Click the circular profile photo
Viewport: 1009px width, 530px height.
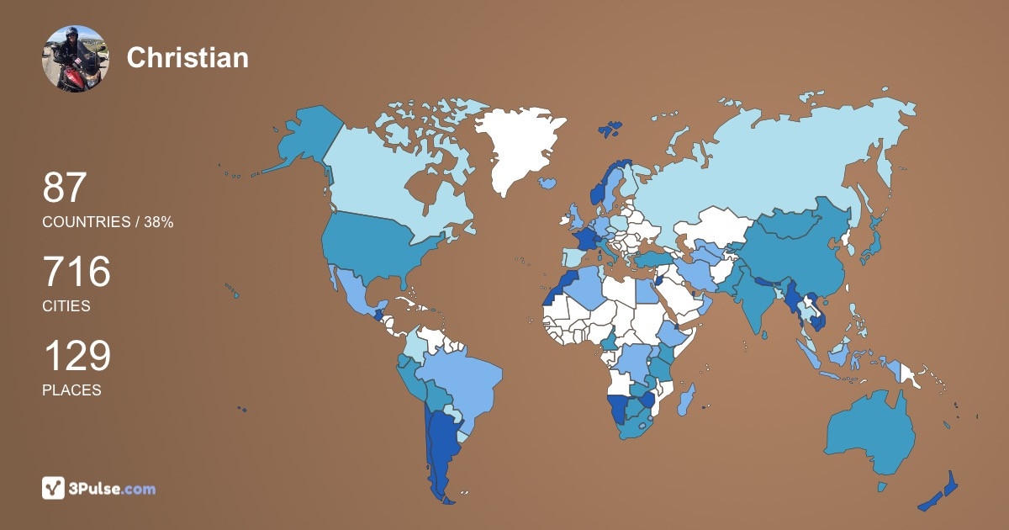(x=75, y=58)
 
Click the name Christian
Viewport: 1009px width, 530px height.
(x=188, y=57)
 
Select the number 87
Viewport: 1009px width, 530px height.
(x=65, y=188)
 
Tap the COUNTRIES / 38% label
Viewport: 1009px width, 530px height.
(x=108, y=222)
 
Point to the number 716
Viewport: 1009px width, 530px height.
(x=77, y=272)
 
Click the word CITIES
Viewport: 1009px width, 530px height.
(x=66, y=306)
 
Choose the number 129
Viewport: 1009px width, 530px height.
(x=77, y=356)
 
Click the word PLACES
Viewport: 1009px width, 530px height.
(x=71, y=390)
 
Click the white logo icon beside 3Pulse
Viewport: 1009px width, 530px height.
(x=54, y=488)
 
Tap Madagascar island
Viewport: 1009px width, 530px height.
(x=687, y=398)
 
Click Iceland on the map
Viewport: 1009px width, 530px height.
(x=549, y=182)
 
